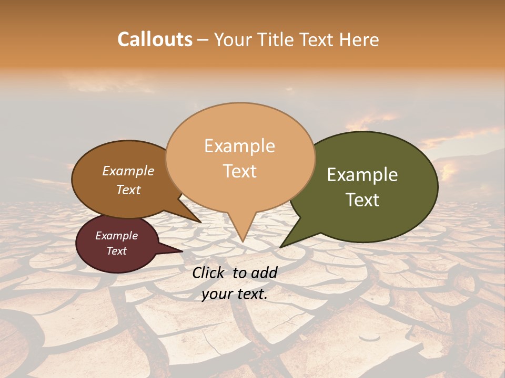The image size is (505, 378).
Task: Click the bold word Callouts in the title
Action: coord(155,39)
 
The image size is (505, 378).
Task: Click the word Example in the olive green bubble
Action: coord(362,175)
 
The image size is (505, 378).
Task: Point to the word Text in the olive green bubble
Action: coord(363,200)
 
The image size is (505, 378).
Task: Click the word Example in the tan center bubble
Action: coord(239,146)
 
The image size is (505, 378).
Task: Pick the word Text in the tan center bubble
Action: coord(240,171)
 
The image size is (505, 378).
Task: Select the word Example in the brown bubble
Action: coord(128,171)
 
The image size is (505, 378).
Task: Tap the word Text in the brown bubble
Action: coord(128,190)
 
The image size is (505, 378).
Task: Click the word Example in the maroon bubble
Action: coord(117,236)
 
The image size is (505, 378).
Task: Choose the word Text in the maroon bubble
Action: coord(117,251)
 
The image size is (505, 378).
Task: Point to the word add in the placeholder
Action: coord(265,272)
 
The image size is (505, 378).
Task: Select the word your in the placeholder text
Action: coord(217,295)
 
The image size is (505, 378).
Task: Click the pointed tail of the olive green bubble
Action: coord(282,246)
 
